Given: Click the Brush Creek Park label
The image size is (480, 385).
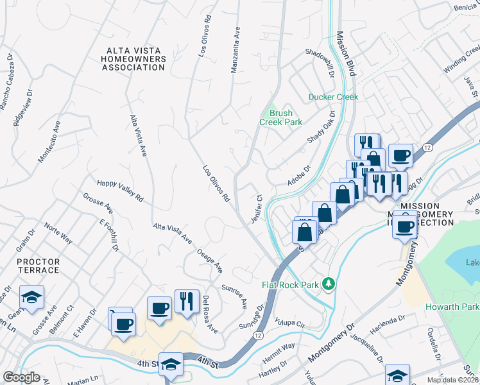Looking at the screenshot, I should point(280,117).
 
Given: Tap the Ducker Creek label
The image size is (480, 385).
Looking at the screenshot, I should point(333,97).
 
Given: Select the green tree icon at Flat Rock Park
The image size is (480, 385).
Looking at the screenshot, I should point(328,283).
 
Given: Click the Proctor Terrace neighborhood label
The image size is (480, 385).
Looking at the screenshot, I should point(39,266).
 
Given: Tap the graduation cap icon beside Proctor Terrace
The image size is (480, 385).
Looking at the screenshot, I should point(31,298).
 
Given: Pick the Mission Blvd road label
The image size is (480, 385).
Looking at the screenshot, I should point(345,54).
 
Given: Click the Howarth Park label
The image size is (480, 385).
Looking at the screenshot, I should point(452,307).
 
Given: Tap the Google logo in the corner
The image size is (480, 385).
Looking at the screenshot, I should point(21,377).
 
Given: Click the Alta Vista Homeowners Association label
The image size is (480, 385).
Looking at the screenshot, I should point(137,58).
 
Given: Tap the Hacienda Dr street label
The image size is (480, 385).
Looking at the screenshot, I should point(386,322).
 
